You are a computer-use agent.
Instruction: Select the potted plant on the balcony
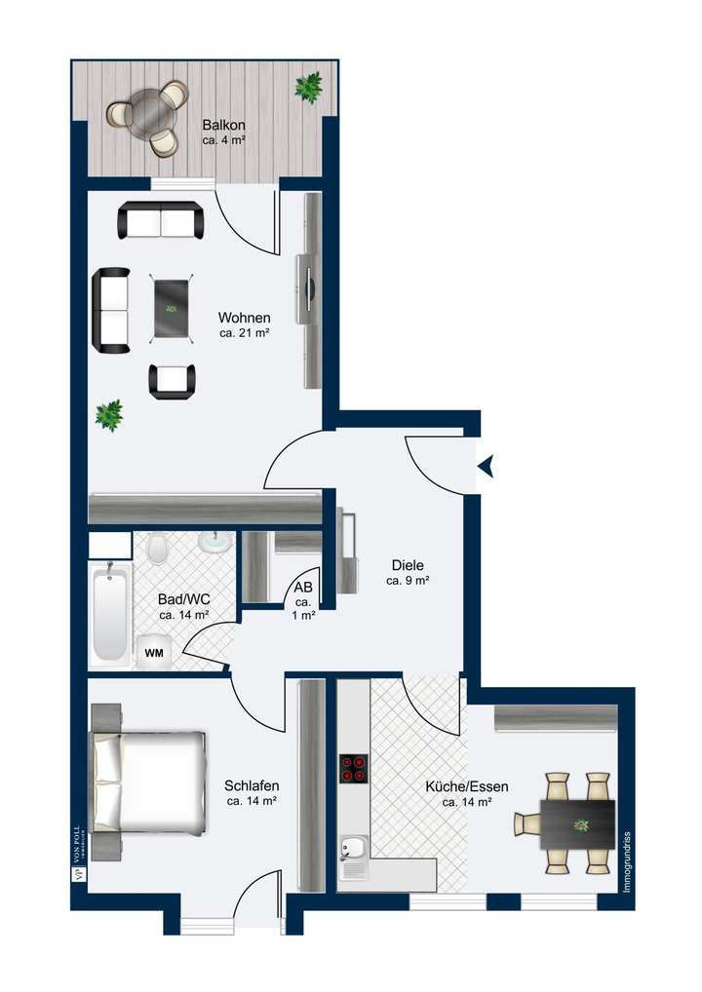click(309, 88)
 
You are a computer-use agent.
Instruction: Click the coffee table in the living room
click(171, 308)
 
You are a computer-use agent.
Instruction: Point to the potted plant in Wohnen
click(109, 415)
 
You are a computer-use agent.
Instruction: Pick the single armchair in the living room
click(172, 380)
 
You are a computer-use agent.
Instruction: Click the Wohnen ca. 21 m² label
click(244, 325)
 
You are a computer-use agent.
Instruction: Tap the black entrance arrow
click(485, 468)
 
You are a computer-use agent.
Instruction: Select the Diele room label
click(408, 572)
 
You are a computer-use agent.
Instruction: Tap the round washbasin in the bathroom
click(214, 542)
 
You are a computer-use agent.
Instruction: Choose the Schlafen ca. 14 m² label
click(253, 793)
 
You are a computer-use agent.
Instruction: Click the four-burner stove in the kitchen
click(353, 770)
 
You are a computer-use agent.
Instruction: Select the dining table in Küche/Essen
click(578, 823)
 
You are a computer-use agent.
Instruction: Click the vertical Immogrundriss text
click(628, 862)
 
